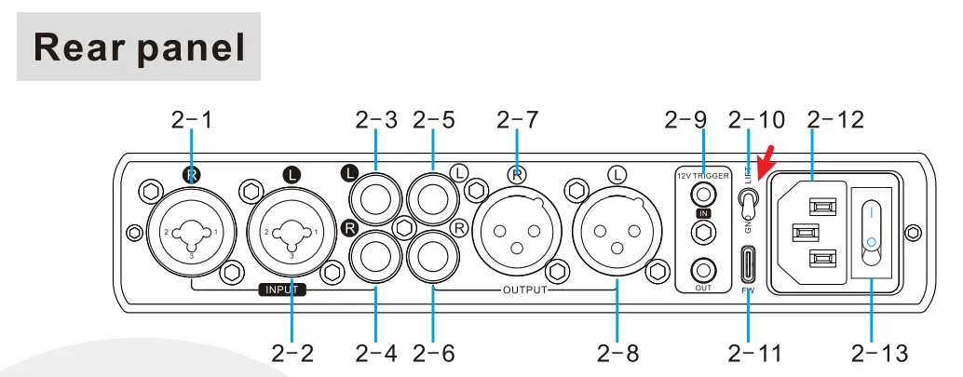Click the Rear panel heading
click(139, 47)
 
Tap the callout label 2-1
click(192, 120)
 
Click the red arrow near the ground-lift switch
click(768, 164)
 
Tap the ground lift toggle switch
click(748, 200)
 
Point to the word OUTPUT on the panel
click(524, 290)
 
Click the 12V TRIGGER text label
click(703, 175)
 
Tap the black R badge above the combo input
click(193, 174)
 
